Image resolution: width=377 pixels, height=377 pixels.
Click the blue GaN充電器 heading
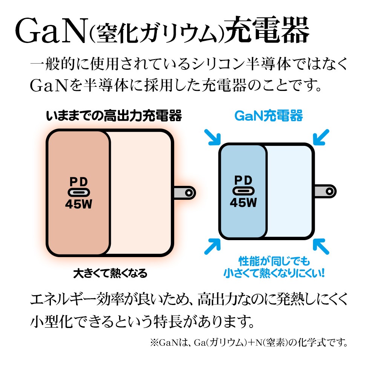click(268, 116)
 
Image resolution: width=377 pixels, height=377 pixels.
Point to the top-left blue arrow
click(212, 137)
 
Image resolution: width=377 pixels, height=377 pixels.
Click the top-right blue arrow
click(321, 137)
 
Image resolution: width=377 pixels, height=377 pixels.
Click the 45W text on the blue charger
click(243, 203)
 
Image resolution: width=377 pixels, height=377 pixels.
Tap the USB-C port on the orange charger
click(79, 192)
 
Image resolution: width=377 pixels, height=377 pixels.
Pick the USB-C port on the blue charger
click(243, 190)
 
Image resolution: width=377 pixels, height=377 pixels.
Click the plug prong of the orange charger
click(185, 193)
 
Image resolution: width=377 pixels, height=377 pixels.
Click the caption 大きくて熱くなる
click(110, 273)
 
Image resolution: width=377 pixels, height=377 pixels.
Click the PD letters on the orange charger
click(79, 181)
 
